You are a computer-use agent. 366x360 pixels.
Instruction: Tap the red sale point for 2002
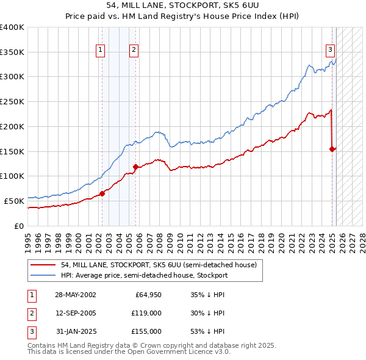(102, 193)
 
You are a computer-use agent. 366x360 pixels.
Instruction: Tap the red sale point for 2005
(135, 166)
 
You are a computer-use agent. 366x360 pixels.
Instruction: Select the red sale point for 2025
(332, 148)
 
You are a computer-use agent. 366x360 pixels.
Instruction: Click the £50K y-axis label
(14, 200)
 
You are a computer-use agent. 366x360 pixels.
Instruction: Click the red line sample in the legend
(43, 265)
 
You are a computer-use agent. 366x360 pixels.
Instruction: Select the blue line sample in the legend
(43, 275)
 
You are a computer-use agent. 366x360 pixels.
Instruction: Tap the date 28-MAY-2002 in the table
(76, 295)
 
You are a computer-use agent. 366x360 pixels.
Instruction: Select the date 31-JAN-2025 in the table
(76, 331)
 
